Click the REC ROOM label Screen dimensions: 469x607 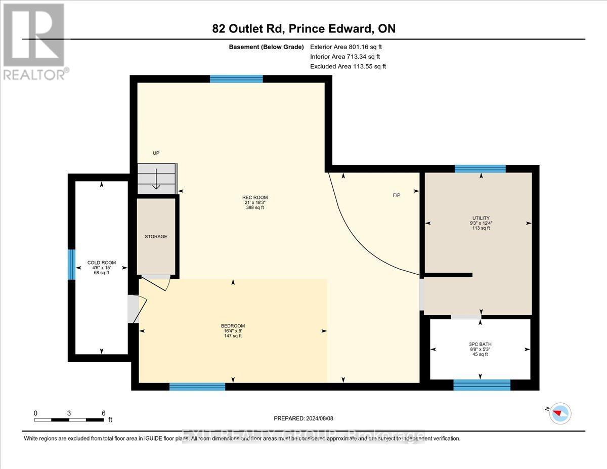click(x=254, y=197)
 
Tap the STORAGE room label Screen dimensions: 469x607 click(x=156, y=236)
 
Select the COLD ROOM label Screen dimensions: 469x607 click(x=102, y=263)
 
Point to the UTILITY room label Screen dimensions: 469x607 click(x=481, y=218)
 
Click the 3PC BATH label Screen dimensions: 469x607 click(x=480, y=344)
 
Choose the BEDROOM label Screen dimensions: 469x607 click(x=233, y=325)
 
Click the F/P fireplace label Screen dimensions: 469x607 click(x=397, y=195)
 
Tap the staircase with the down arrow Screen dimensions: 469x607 click(x=157, y=178)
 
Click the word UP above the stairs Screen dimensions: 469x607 click(x=156, y=153)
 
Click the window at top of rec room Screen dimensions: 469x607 click(x=236, y=78)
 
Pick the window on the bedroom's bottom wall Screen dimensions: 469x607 click(x=197, y=387)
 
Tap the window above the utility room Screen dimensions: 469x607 click(x=480, y=169)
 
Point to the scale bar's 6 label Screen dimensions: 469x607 click(x=103, y=413)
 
